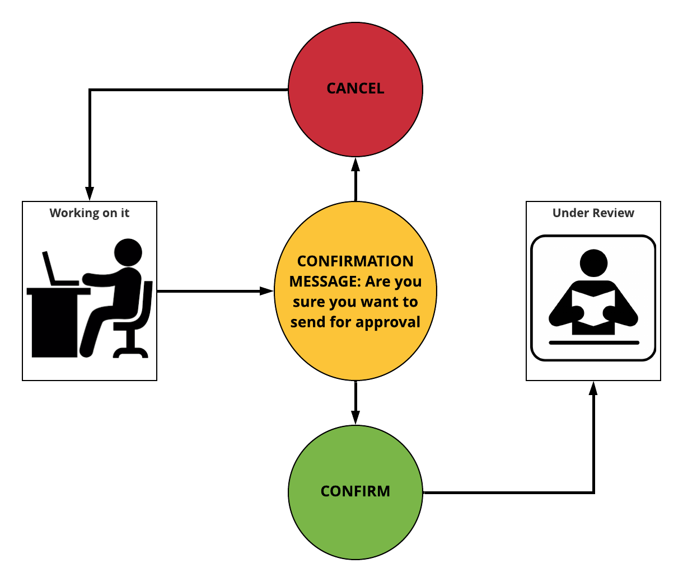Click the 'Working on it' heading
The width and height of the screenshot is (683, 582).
point(90,213)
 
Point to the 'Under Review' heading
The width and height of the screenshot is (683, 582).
point(593,213)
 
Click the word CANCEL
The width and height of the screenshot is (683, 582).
point(355,88)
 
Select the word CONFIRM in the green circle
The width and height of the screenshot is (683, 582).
point(355,491)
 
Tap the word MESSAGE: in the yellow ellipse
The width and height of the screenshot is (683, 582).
point(325,281)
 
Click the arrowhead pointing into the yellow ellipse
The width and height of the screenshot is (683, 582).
point(267,291)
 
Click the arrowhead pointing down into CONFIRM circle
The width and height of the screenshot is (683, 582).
point(355,417)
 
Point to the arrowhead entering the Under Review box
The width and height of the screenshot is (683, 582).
point(593,388)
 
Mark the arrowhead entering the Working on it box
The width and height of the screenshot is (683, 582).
point(90,194)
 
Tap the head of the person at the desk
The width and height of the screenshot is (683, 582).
point(128,252)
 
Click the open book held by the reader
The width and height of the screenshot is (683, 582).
point(593,308)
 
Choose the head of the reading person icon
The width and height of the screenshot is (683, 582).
point(593,262)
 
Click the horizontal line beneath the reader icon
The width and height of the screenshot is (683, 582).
point(593,342)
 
